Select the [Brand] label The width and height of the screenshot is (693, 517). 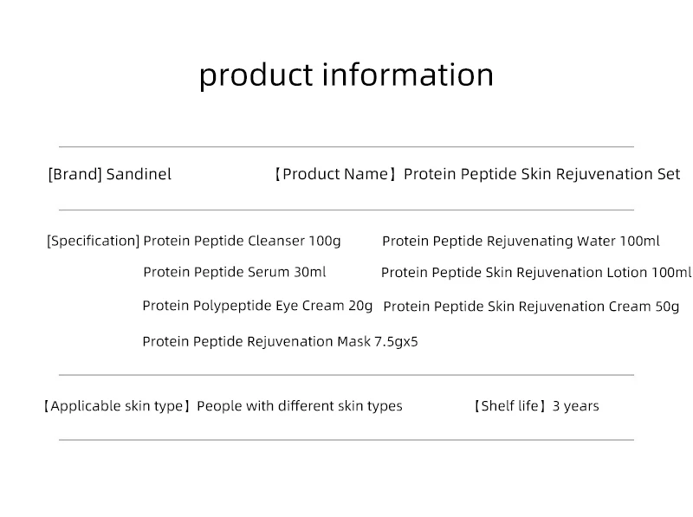(x=74, y=174)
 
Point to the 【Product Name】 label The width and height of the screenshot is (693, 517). (x=334, y=174)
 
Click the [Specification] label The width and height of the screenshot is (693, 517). (x=93, y=241)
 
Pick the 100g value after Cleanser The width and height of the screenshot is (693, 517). (x=325, y=241)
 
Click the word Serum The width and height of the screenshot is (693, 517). (x=269, y=272)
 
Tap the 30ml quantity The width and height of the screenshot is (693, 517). (x=310, y=272)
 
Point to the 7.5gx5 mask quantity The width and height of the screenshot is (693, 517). (x=397, y=341)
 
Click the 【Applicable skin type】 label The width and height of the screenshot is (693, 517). (x=117, y=406)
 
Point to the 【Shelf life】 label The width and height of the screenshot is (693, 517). (x=509, y=406)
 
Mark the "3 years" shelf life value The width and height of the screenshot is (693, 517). (x=575, y=406)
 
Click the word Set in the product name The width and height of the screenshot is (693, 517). (x=669, y=174)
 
